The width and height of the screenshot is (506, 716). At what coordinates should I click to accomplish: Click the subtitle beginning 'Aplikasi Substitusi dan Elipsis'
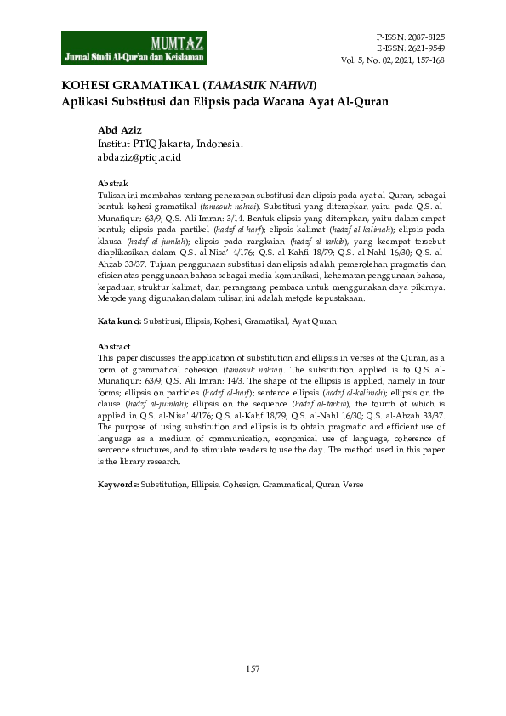(x=225, y=101)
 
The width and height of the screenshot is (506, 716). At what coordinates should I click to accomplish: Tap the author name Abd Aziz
(x=119, y=130)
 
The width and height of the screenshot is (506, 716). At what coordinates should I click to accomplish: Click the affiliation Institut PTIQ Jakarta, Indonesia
(x=170, y=144)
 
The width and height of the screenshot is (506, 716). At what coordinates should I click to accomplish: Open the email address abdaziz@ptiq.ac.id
(x=139, y=157)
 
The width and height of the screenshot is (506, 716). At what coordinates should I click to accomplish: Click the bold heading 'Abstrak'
(x=112, y=184)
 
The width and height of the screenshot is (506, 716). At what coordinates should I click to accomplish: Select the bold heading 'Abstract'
(x=114, y=347)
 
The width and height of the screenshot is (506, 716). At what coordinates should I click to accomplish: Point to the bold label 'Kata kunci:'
(x=119, y=321)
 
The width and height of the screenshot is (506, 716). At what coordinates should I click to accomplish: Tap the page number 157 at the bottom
(x=253, y=670)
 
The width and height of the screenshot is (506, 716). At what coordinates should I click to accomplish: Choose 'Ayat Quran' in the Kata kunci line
(x=315, y=321)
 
